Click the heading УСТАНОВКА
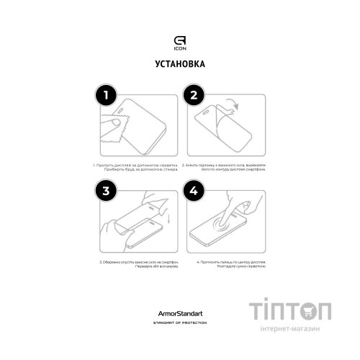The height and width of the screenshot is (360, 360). point(179,65)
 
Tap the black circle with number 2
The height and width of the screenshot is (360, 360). point(194,95)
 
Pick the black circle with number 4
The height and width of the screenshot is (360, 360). point(194,191)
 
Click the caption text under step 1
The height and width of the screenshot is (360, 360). point(133,168)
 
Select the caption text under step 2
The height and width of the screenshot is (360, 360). point(224,168)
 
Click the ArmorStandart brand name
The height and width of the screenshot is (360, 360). point(179,315)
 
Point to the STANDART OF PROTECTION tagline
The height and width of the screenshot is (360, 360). point(179,323)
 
